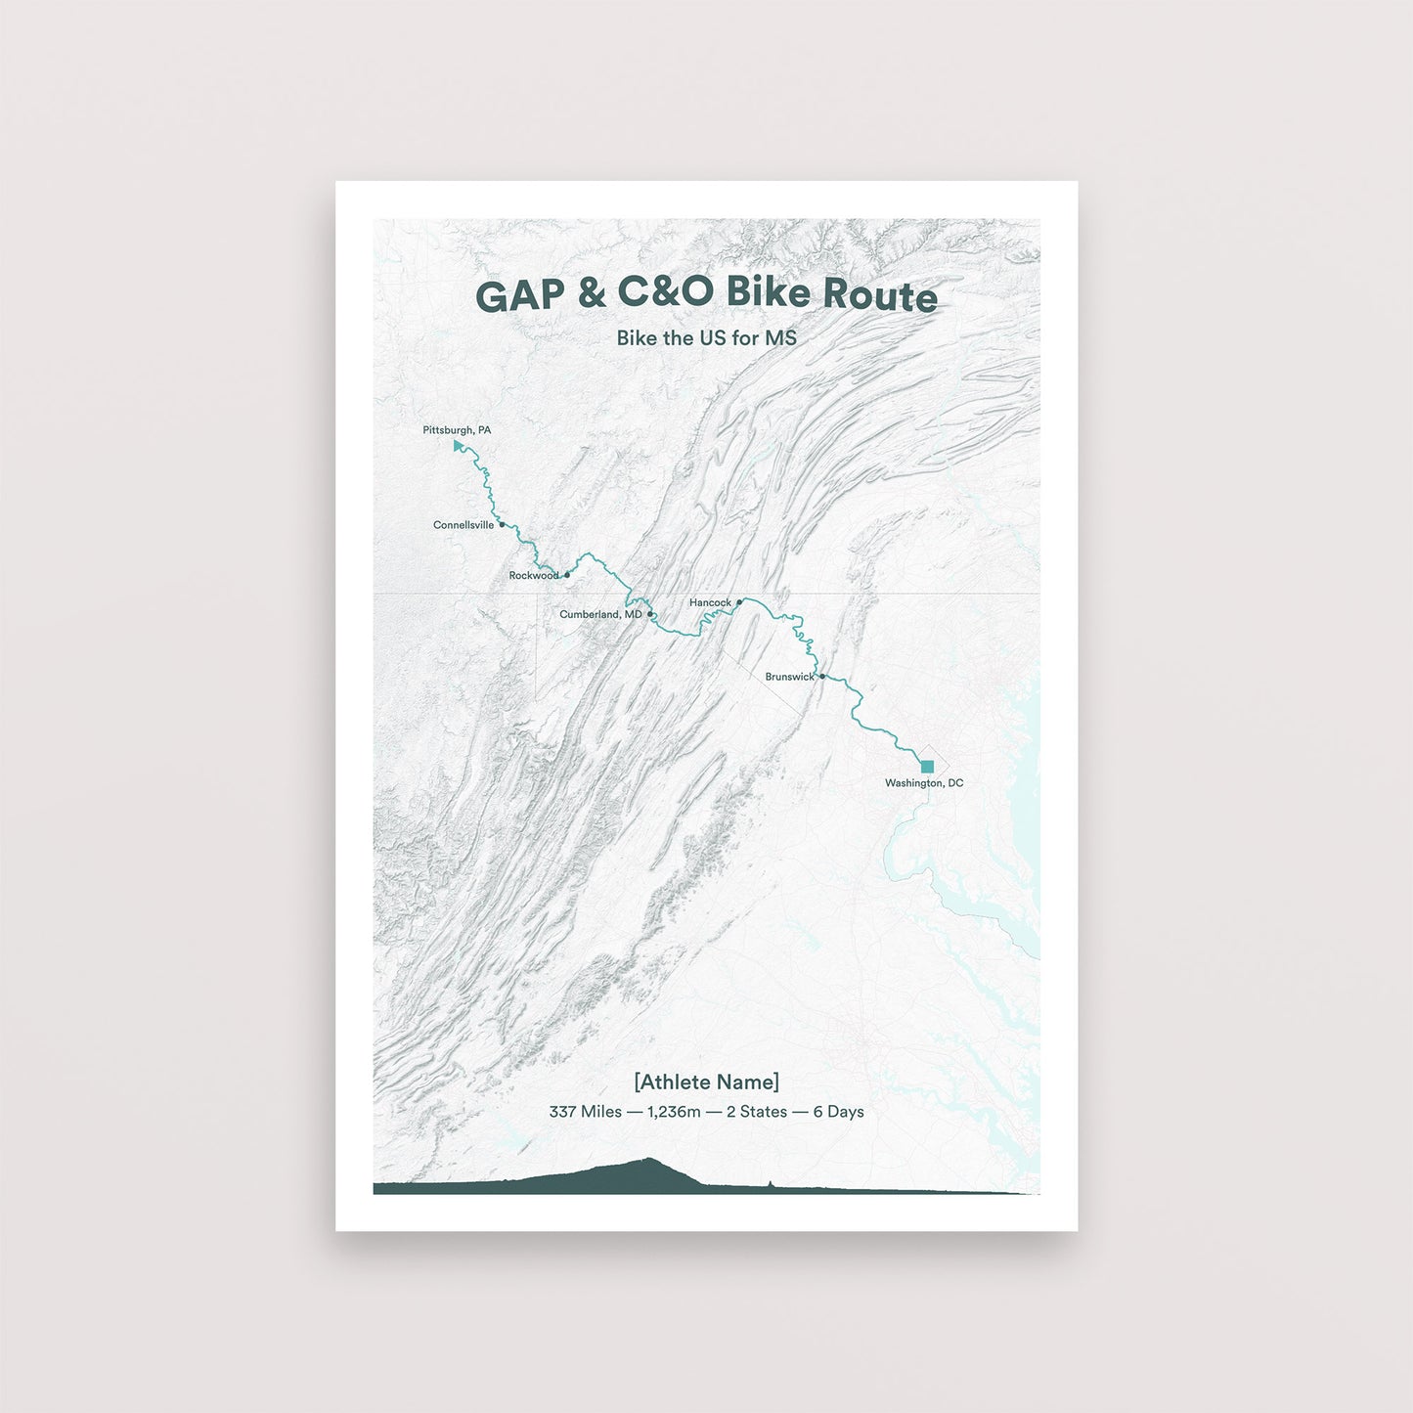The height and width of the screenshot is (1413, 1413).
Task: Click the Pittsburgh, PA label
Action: (457, 430)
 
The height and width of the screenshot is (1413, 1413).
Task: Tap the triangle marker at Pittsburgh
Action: (458, 446)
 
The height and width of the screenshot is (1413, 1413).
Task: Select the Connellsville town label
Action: (464, 525)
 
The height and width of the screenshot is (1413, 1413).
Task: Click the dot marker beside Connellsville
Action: (502, 524)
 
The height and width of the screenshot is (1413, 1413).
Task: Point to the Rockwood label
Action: (533, 576)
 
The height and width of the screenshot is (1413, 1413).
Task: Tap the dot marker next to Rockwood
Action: (567, 575)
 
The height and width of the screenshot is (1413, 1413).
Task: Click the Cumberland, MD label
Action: (600, 614)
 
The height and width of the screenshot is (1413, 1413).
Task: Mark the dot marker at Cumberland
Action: (650, 614)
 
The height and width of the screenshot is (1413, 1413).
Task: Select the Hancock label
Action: (710, 602)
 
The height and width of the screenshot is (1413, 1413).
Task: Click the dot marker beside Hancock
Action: (739, 602)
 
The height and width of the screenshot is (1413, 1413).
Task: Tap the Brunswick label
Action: (789, 677)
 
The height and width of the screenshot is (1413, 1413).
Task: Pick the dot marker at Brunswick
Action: (822, 676)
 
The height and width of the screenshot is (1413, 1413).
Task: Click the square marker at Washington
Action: (927, 766)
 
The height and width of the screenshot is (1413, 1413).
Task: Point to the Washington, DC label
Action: (924, 783)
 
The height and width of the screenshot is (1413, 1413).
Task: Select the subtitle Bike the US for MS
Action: (706, 338)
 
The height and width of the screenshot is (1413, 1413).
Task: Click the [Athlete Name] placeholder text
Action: (706, 1082)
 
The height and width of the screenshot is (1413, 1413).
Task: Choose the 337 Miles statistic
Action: (585, 1112)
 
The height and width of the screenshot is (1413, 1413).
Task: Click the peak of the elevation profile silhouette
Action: (648, 1160)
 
